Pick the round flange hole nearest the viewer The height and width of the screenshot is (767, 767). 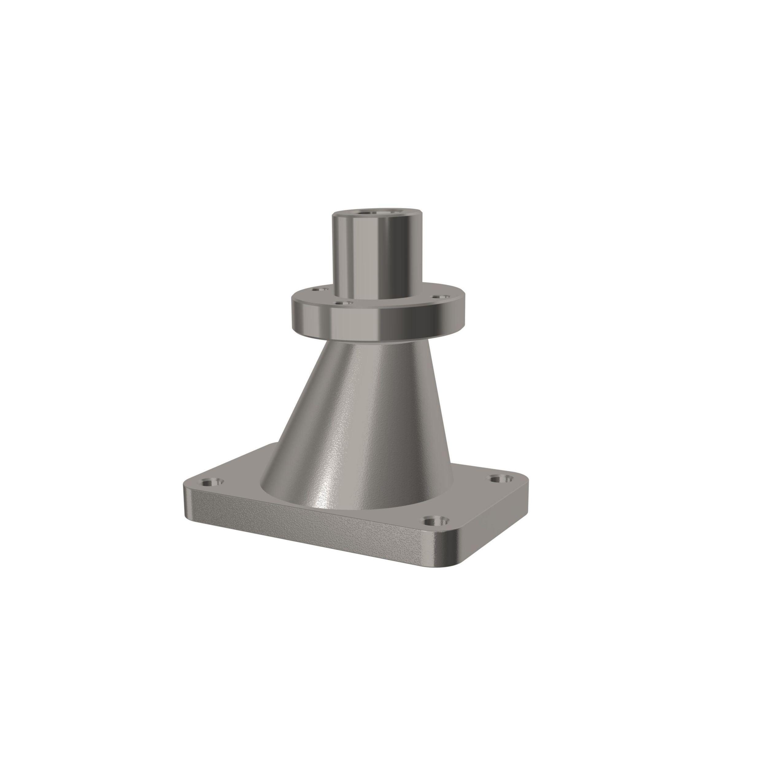click(341, 303)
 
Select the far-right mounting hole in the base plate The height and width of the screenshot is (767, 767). click(501, 478)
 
